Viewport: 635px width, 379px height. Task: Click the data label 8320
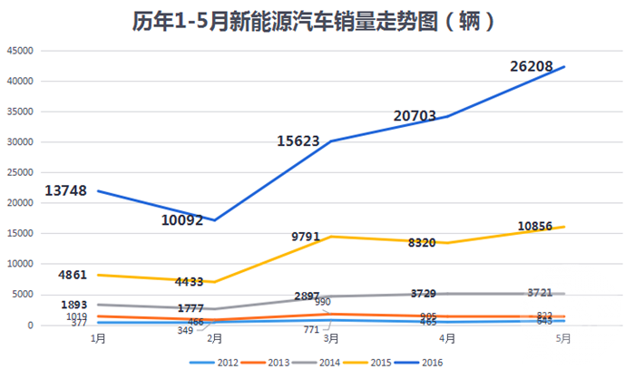pyautogui.click(x=426, y=243)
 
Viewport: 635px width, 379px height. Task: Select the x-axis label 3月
pyautogui.click(x=331, y=339)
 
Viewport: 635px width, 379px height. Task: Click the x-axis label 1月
pyautogui.click(x=98, y=339)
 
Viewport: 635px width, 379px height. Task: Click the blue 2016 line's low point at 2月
pyautogui.click(x=215, y=220)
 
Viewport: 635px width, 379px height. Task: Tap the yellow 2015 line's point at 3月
pyautogui.click(x=331, y=237)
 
